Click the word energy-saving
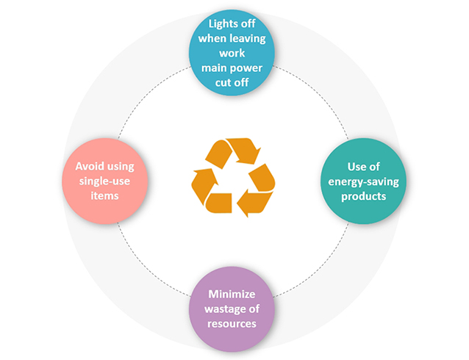[358, 181]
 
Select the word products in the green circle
[358, 196]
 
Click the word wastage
[224, 309]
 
